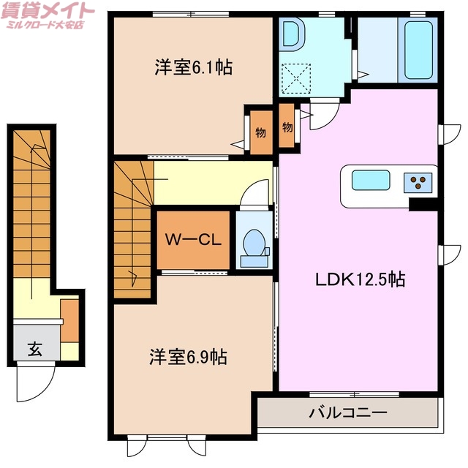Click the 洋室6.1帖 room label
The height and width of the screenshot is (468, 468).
193,68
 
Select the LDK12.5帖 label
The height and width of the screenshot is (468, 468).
361,279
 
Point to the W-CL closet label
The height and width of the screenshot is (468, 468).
193,240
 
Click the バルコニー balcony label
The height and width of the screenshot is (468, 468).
347,413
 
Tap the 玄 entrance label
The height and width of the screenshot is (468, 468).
34,348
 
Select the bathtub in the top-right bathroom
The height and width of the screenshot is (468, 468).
418,50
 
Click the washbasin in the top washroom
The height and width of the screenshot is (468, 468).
292,34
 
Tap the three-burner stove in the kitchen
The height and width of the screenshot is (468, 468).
418,181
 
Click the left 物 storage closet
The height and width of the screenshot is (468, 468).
260,133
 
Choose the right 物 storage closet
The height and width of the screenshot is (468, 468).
287,127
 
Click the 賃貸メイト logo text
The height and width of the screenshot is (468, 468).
48,11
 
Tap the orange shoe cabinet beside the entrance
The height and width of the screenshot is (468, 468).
69,320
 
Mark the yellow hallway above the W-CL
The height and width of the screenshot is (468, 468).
212,184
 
